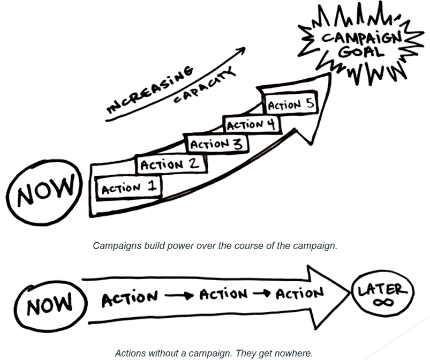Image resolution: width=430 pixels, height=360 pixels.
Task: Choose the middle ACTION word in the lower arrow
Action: (224, 294)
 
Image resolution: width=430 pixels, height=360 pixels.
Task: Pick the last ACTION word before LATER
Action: (300, 292)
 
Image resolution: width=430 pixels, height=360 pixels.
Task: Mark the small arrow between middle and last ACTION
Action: (263, 294)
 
